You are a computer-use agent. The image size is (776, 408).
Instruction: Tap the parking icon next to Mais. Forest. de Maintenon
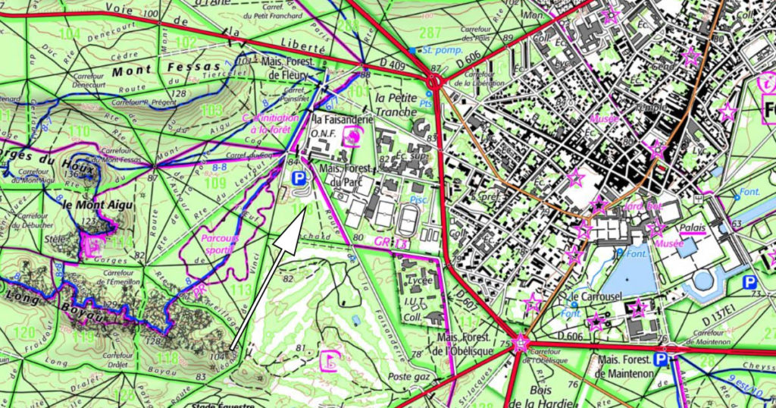pyautogui.click(x=662, y=360)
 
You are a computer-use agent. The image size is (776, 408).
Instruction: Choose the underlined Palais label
pyautogui.click(x=693, y=228)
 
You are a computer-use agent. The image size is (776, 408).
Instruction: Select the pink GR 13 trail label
pyautogui.click(x=391, y=242)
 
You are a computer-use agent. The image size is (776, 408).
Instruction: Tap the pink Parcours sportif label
pyautogui.click(x=220, y=243)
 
